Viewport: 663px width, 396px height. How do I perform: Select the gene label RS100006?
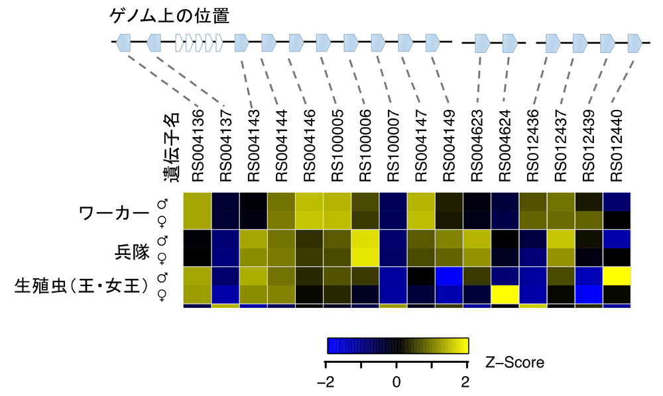click(365, 145)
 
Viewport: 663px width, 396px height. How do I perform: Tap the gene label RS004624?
click(505, 145)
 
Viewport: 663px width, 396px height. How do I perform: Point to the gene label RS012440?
click(616, 145)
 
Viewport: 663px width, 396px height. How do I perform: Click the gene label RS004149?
click(449, 145)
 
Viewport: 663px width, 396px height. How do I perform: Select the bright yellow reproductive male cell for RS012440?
click(616, 276)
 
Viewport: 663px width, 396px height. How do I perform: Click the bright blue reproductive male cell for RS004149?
click(449, 276)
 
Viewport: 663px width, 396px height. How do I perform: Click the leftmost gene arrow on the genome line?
click(123, 43)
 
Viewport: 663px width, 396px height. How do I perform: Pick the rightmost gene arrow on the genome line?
click(634, 43)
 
